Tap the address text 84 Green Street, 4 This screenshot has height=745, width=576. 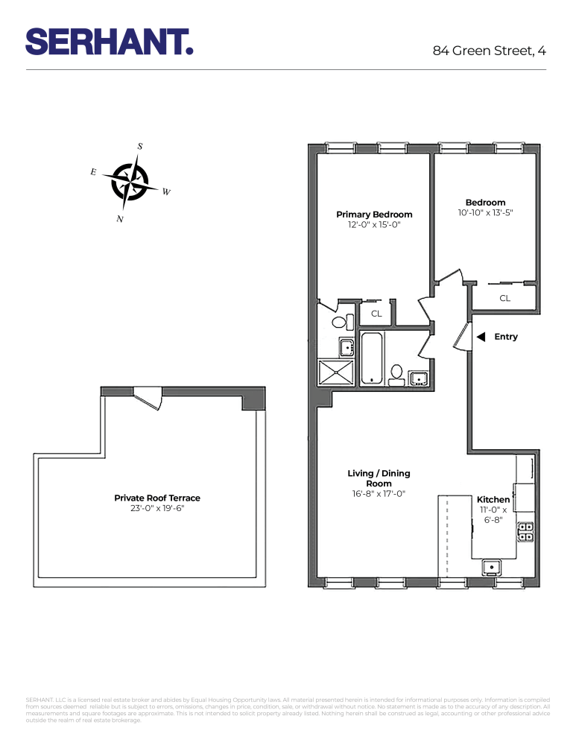[x=489, y=51]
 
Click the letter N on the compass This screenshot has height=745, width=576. [x=119, y=219]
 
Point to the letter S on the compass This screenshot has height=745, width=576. [x=140, y=146]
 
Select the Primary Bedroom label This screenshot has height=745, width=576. [x=374, y=215]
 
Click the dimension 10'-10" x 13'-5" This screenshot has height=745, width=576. [x=485, y=212]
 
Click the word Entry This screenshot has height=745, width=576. [x=505, y=337]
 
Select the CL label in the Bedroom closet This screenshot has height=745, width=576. [x=504, y=298]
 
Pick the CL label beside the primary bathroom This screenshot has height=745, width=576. [x=376, y=314]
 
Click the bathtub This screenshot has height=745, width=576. [x=371, y=358]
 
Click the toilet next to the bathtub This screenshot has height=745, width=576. [x=396, y=372]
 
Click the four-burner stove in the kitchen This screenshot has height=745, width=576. [x=526, y=531]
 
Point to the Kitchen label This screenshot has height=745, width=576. [x=493, y=499]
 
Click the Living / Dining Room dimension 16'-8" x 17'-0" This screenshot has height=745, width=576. [x=379, y=493]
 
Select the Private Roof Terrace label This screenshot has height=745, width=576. [x=156, y=498]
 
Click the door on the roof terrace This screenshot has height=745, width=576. [x=148, y=397]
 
